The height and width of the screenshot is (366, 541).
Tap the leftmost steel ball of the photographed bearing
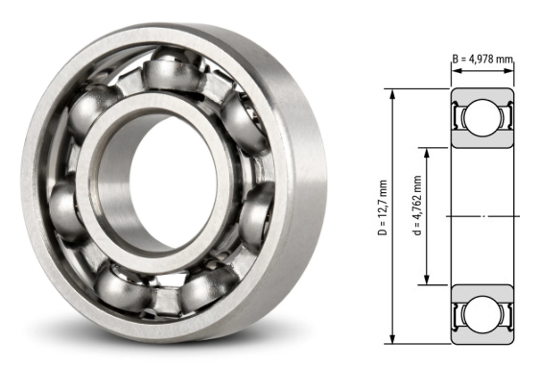point(65,206)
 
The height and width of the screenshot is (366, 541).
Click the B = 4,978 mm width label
point(482,59)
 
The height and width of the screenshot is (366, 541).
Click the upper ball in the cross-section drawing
point(482,120)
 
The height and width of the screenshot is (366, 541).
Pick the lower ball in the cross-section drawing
point(482,312)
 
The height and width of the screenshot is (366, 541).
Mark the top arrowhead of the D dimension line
point(393,93)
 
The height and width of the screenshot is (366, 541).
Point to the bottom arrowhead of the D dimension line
point(393,339)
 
